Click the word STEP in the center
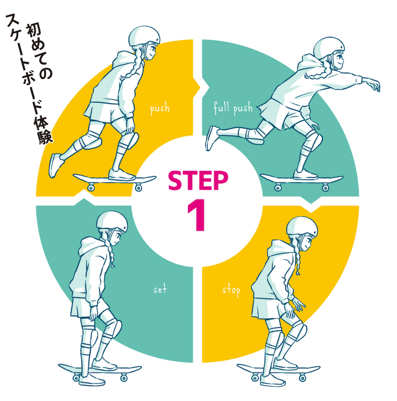tap(198, 181)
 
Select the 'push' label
tap(160, 108)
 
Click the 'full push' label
tap(233, 108)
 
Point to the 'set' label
tap(160, 289)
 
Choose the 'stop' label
tap(231, 290)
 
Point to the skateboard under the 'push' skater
tap(114, 179)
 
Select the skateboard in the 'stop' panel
tap(278, 371)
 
